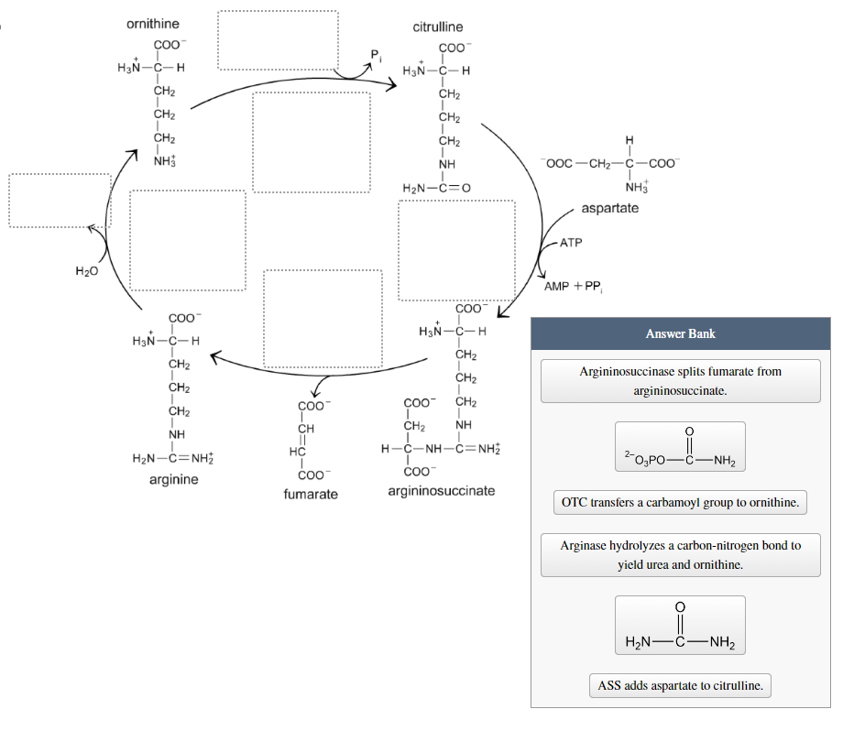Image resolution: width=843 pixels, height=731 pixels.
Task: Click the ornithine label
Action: [152, 23]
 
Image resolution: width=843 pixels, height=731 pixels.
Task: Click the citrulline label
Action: [437, 27]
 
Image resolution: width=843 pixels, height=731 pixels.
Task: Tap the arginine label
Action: [173, 479]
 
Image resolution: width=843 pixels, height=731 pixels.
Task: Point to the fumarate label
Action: [311, 494]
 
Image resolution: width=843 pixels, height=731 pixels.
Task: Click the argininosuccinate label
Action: [441, 490]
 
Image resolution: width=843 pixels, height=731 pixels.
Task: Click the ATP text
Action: [572, 243]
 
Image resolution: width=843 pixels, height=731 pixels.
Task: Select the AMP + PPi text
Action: [573, 286]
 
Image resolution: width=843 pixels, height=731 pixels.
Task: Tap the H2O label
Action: [87, 270]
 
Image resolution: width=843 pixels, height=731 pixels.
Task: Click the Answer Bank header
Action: [680, 333]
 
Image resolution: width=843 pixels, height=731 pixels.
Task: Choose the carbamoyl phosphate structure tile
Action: [680, 447]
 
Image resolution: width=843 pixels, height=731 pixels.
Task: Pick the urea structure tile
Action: [680, 625]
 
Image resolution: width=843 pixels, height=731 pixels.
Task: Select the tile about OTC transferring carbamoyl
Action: [680, 502]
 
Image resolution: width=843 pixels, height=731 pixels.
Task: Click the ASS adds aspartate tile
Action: [680, 685]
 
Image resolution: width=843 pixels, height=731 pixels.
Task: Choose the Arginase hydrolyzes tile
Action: [680, 554]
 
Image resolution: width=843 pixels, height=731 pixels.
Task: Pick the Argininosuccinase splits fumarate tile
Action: [680, 381]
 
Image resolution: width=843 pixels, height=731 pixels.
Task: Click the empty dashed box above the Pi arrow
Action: [278, 40]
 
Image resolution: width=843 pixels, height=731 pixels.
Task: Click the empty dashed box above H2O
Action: [60, 200]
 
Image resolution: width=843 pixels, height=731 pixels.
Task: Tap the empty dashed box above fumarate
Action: [323, 319]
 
